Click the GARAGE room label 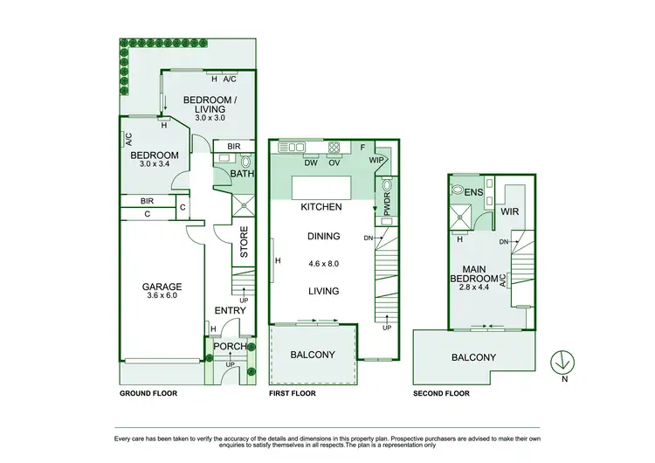[162, 287]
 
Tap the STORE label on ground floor [244, 242]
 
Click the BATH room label [241, 175]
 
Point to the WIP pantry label [377, 161]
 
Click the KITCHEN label [321, 208]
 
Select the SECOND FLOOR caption [441, 394]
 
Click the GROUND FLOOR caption [148, 394]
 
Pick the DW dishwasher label [310, 162]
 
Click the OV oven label [333, 162]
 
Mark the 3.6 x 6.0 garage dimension [162, 296]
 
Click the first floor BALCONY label [313, 355]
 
